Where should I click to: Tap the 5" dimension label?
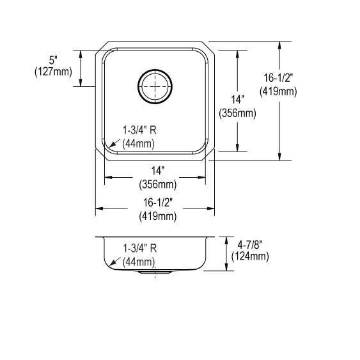coord(53,60)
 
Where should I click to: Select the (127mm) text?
coord(53,72)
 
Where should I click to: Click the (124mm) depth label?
coord(250,256)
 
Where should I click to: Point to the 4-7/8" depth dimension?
coord(250,245)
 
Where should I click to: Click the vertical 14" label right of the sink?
coord(237,100)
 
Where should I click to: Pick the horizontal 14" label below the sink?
coord(158,171)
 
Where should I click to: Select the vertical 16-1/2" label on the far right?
coord(278,77)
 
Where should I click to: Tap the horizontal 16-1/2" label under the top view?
coord(158,202)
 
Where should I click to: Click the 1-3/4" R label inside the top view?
coord(139,130)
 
